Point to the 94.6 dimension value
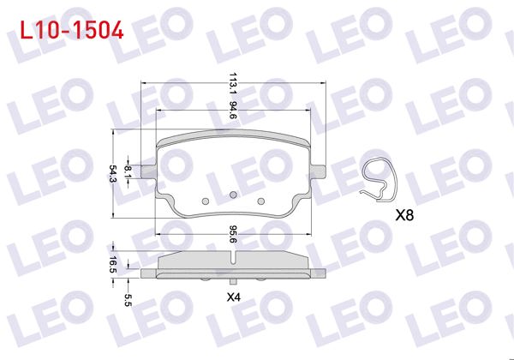pyautogui.click(x=232, y=110)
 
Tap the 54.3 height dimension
pyautogui.click(x=112, y=174)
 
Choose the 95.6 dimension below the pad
pyautogui.click(x=232, y=234)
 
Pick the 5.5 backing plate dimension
pyautogui.click(x=128, y=299)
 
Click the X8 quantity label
pyautogui.click(x=405, y=216)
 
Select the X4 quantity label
pyautogui.click(x=233, y=297)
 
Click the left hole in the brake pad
pyautogui.click(x=205, y=201)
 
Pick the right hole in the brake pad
pyautogui.click(x=261, y=201)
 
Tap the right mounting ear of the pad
pyautogui.click(x=317, y=169)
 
